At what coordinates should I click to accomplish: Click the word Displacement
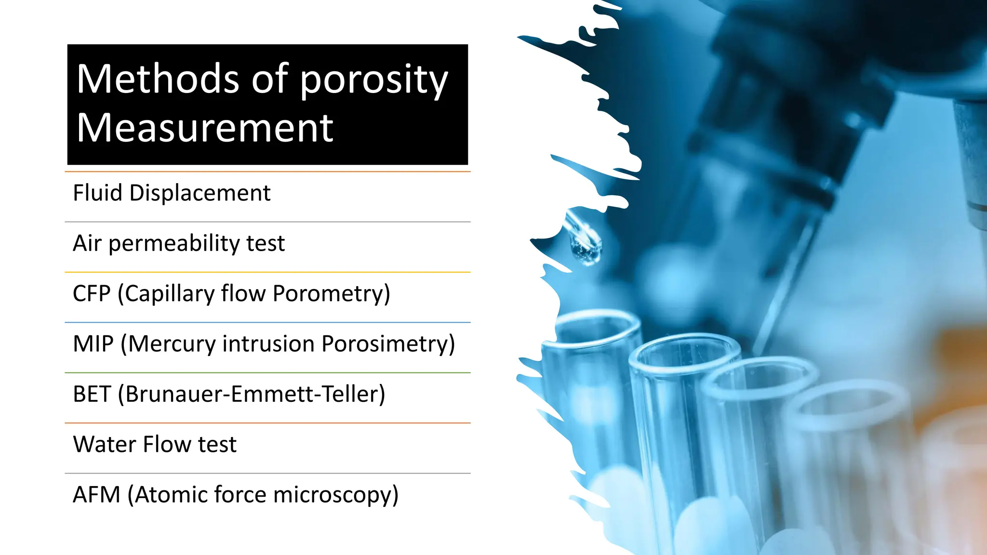coord(200,193)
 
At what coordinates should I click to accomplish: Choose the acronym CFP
coord(92,293)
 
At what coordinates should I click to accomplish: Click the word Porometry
coord(331,293)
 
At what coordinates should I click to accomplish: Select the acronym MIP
coord(93,344)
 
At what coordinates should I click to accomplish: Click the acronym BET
coord(92,394)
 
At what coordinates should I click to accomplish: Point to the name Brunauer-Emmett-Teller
coord(254,394)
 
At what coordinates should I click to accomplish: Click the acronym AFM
coord(96,495)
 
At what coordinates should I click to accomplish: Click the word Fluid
coord(97,193)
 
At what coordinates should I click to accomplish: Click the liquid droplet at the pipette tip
coord(587,249)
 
